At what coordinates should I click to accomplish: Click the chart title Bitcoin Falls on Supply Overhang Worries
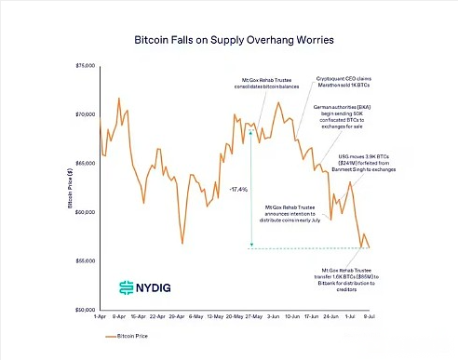tap(229, 42)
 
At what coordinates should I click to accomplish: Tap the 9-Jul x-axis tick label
tap(370, 317)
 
